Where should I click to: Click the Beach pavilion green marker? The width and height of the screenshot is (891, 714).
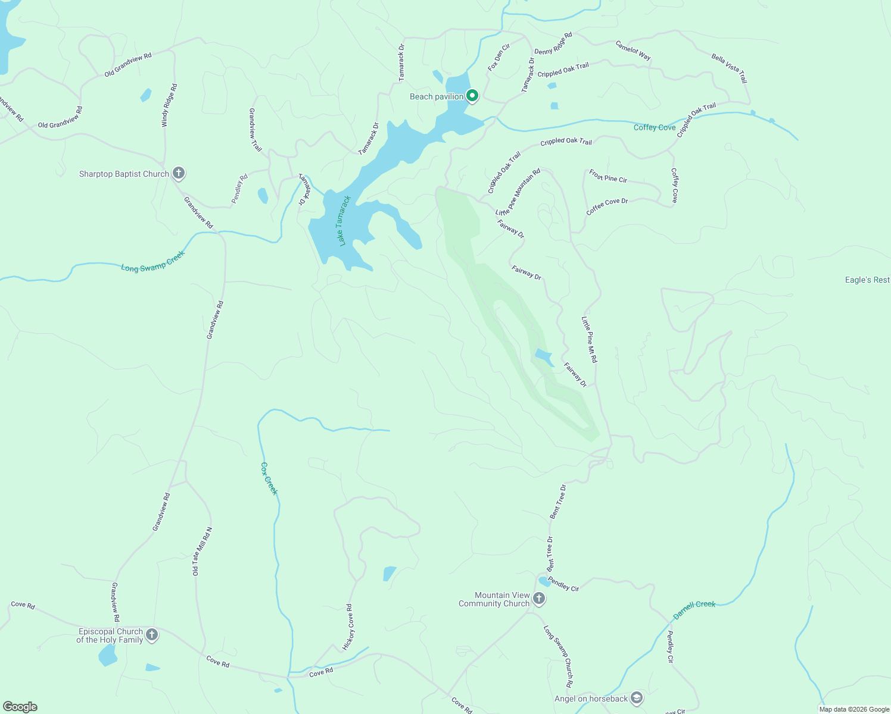pos(472,95)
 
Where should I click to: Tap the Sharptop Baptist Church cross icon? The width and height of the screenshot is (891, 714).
pos(178,173)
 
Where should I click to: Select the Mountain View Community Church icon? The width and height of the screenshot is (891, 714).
pos(539,599)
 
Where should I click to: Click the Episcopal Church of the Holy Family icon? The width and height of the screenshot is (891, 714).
pos(152,635)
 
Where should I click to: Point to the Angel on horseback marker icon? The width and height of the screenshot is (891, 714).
pos(637,698)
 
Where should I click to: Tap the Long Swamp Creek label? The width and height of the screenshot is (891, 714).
pos(153,261)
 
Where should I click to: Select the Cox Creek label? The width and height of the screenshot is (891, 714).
pos(270,478)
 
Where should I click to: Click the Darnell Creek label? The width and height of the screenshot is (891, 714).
pos(694,609)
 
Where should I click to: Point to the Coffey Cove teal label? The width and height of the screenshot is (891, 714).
pos(655,127)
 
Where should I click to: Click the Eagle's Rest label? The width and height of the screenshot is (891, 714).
pos(867,280)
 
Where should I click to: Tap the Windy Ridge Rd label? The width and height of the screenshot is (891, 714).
pos(169,105)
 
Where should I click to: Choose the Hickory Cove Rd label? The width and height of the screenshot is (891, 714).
pos(348,627)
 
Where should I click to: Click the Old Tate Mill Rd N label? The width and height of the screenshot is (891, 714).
pos(201,552)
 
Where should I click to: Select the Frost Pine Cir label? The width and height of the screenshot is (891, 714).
pos(608,176)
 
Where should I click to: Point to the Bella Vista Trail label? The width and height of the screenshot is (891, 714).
pos(730,68)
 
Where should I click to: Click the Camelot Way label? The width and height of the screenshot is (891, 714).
pos(633,50)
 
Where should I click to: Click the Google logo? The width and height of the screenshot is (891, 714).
pos(21,706)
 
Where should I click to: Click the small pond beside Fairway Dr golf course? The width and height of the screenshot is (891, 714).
pos(544,357)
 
